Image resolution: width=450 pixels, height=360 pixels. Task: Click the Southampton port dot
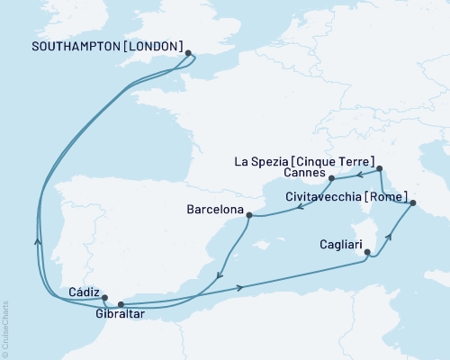click(188, 53)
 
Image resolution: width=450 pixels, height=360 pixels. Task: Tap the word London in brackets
click(156, 47)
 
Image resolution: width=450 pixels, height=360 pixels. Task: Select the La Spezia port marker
click(380, 168)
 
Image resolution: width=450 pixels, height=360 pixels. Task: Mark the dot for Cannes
click(332, 178)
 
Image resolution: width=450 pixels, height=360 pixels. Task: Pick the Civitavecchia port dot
click(413, 203)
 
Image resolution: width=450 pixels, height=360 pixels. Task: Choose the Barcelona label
click(215, 210)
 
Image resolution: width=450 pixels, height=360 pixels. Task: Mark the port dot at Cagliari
click(366, 254)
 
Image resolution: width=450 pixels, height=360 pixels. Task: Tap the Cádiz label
click(83, 292)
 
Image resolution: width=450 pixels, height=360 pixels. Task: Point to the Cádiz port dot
click(105, 299)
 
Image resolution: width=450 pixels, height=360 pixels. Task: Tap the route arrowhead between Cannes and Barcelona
click(296, 208)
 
